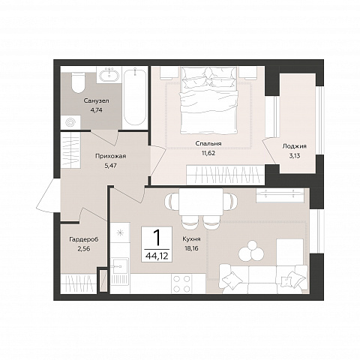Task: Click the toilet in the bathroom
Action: (78, 82)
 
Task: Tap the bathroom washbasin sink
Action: (109, 74)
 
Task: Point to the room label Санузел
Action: (97, 101)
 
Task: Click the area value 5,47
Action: (110, 166)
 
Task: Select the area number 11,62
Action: (208, 153)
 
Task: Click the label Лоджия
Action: (295, 146)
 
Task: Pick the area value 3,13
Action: (295, 156)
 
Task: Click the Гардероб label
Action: (84, 239)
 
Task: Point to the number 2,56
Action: (84, 249)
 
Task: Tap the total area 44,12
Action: (157, 256)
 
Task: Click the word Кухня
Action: (191, 239)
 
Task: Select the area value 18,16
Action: (191, 248)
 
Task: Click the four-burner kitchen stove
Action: (181, 283)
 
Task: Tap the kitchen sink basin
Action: (120, 266)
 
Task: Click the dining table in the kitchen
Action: (201, 202)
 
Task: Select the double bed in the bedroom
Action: (208, 100)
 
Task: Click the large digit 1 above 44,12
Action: (157, 238)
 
